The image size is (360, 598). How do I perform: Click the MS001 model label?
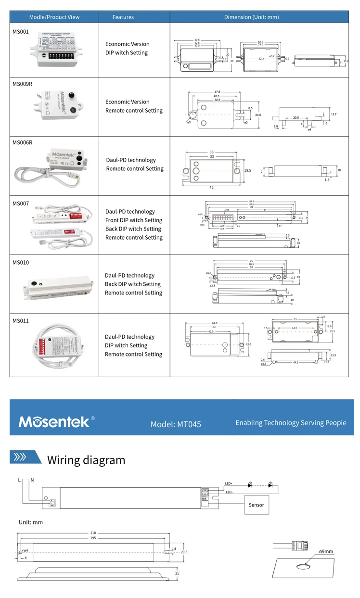[x=21, y=31]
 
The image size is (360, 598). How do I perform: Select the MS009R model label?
[x=22, y=84]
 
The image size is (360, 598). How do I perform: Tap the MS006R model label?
[x=22, y=142]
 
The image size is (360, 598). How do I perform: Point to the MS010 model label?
[x=21, y=262]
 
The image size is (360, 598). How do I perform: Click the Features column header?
[x=123, y=17]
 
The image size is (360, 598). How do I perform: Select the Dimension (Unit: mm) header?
[x=251, y=17]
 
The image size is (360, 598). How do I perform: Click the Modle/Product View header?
[x=54, y=17]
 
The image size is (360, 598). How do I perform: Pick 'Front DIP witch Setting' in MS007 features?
[x=134, y=220]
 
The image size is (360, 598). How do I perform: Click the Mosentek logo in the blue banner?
[x=54, y=422]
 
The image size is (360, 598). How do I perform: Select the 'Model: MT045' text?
[x=176, y=424]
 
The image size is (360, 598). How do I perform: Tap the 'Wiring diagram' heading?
[x=86, y=460]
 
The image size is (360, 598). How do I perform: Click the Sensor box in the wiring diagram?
[x=256, y=505]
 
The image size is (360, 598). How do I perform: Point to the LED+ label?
[x=229, y=483]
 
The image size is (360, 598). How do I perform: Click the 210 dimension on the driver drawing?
[x=93, y=533]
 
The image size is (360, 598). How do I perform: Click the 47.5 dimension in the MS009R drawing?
[x=217, y=91]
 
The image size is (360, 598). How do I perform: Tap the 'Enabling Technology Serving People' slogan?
[x=291, y=423]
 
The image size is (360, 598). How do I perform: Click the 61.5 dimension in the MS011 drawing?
[x=215, y=323]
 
